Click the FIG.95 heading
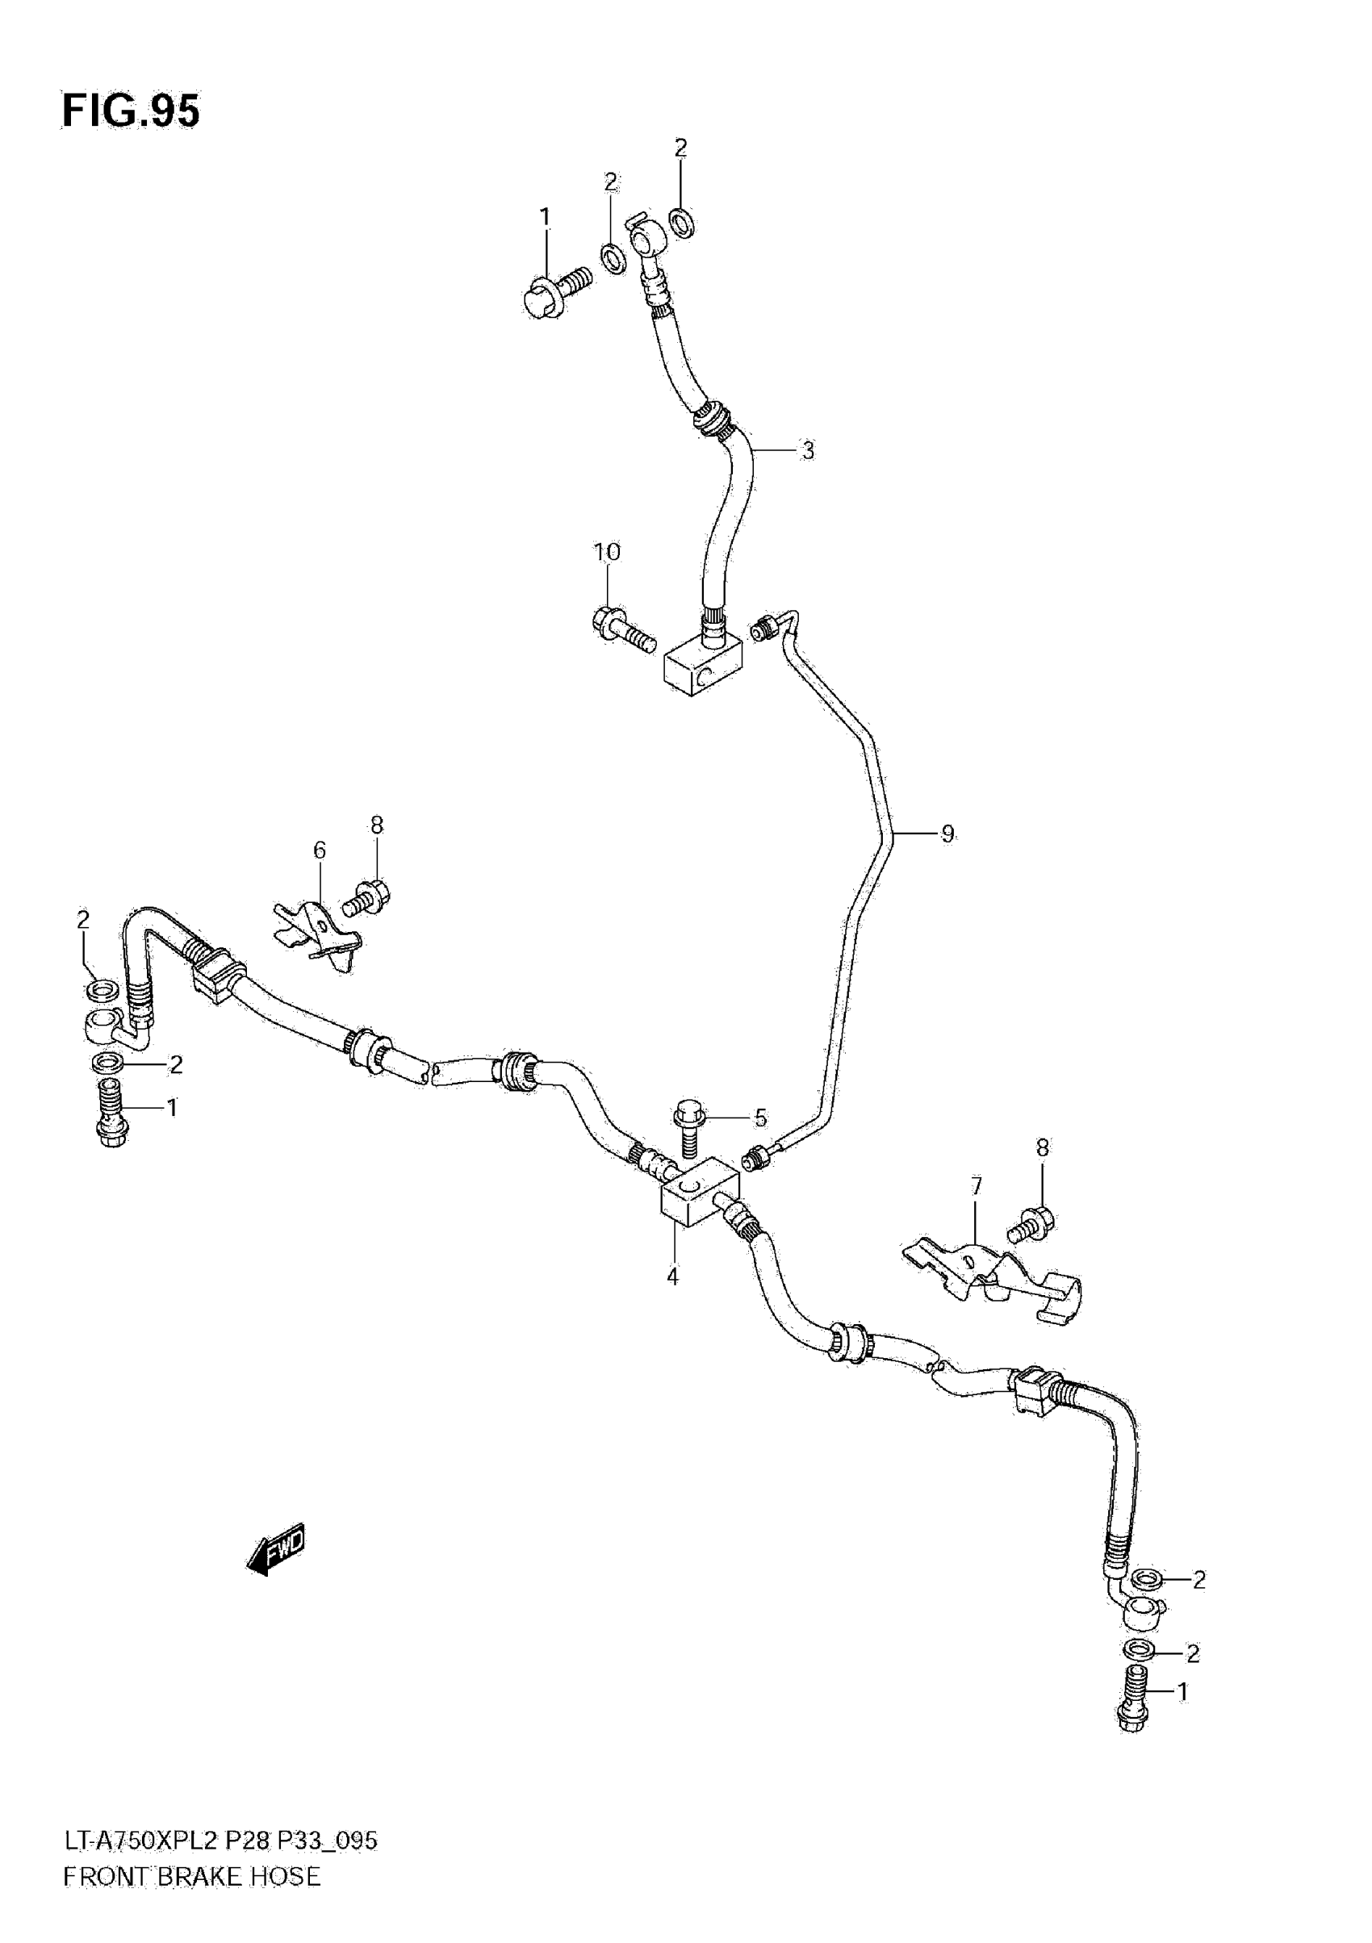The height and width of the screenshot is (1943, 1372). coord(132,111)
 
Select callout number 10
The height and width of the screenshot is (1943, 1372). coord(606,552)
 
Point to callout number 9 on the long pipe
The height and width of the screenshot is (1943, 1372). coord(947,834)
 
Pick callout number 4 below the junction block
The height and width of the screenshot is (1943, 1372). coord(672,1276)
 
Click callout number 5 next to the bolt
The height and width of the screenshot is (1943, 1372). coord(760,1118)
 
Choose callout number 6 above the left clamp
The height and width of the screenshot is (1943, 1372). coord(319,850)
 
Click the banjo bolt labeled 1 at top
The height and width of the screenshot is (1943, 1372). coord(554,290)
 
